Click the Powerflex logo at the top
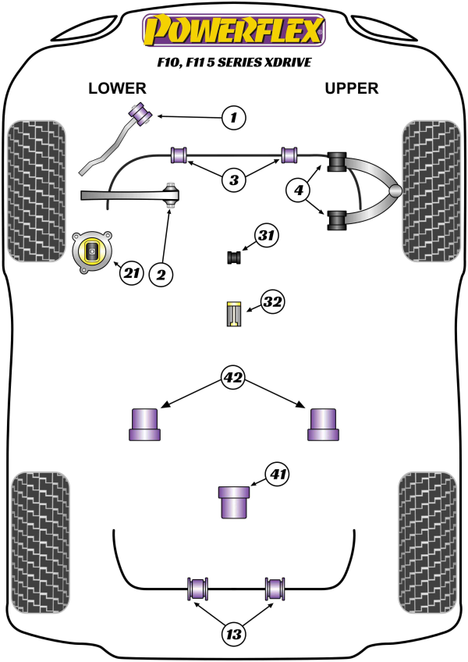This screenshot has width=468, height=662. point(233,30)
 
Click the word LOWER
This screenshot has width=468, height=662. point(117,88)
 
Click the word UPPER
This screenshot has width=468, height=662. point(351,88)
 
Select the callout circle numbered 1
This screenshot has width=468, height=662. point(232,118)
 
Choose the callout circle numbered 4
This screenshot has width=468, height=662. point(299,188)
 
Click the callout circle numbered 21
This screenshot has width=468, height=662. point(131,272)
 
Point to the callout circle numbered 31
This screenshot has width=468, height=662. point(267,235)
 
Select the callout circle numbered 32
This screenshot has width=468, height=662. point(272,302)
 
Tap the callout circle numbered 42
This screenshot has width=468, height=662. point(233,379)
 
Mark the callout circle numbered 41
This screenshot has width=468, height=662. point(277,474)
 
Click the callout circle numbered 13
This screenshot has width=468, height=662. point(232,635)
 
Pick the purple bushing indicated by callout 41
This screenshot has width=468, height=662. point(233,501)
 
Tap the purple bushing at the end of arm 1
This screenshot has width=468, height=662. point(143,112)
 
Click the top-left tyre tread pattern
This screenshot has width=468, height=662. point(35,190)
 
